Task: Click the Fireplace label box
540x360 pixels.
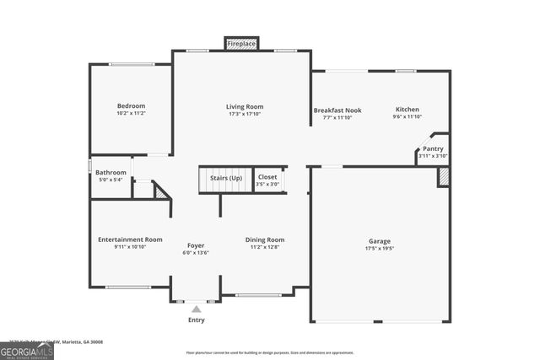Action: (241, 43)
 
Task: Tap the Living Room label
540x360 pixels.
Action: (245, 106)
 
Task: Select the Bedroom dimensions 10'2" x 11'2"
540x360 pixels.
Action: (131, 113)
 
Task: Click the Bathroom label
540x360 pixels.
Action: (111, 172)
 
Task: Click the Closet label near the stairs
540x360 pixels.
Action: (267, 177)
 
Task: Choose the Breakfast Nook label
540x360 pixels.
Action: (337, 110)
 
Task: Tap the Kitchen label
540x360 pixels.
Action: (408, 110)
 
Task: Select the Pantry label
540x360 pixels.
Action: (433, 148)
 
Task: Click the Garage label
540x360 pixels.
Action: (379, 240)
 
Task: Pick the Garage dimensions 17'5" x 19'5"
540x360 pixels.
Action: (379, 248)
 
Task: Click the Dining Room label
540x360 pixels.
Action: (265, 239)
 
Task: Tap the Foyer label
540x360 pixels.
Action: (196, 245)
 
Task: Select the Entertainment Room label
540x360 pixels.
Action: (130, 239)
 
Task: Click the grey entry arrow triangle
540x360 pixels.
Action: (196, 309)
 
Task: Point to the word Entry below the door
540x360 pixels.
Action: (196, 320)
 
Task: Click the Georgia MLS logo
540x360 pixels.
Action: (27, 349)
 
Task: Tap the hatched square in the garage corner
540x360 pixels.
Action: (443, 177)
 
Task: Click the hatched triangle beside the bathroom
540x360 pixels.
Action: (162, 191)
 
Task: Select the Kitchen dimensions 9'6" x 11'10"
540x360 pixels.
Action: (408, 117)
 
